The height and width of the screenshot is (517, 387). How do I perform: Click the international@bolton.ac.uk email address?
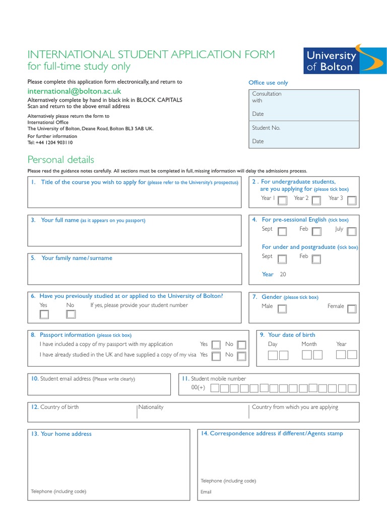75,91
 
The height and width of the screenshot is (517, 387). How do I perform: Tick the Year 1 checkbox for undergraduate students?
283,200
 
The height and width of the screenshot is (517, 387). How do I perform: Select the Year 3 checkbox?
351,200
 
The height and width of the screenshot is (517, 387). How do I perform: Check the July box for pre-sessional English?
351,232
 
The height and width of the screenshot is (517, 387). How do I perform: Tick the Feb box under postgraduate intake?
316,260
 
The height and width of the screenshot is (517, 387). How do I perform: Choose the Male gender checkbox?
282,309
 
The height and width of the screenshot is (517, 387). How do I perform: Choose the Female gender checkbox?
351,309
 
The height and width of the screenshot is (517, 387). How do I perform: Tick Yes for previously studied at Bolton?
44,315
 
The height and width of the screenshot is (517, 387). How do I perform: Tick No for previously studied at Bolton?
71,315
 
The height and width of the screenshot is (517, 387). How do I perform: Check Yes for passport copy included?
216,345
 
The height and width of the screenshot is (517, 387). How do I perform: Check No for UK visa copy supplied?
241,356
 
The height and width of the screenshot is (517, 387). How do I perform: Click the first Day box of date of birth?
273,355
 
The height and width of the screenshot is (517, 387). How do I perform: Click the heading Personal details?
60,160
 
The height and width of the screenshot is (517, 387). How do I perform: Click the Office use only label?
268,83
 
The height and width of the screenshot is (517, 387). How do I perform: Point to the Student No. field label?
266,128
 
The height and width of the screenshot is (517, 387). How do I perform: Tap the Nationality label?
151,407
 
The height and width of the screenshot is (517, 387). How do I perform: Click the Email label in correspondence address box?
206,492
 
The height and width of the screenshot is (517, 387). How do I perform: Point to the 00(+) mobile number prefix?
198,388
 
